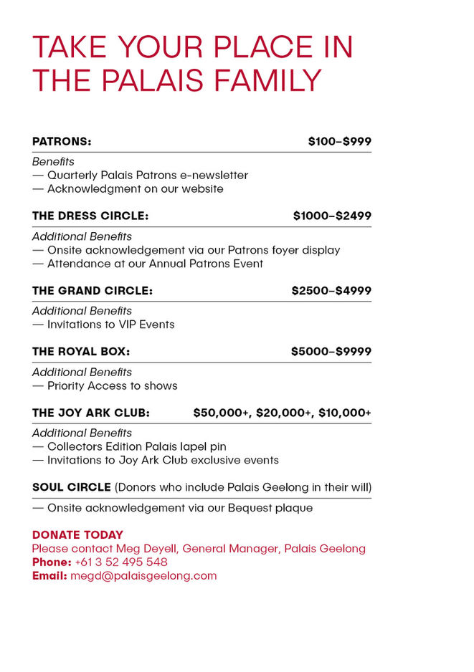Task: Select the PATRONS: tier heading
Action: (x=62, y=142)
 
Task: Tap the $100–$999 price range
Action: (x=339, y=142)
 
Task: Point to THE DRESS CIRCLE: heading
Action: (x=90, y=216)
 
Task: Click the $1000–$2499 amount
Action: (x=332, y=216)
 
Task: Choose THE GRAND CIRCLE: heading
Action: (x=93, y=291)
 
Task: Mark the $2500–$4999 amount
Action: (x=331, y=291)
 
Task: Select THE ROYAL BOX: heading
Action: (x=81, y=352)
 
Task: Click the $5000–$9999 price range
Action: (x=331, y=352)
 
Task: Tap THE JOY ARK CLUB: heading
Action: (x=91, y=413)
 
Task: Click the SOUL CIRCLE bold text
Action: (x=72, y=487)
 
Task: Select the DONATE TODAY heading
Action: (x=77, y=535)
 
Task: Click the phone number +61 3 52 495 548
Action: (x=121, y=562)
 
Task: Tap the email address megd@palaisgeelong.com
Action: (x=143, y=576)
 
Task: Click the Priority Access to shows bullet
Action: (x=112, y=385)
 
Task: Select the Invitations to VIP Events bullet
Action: (x=110, y=325)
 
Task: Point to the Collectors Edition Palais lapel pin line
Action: (x=136, y=446)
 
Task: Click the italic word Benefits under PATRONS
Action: (x=53, y=162)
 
